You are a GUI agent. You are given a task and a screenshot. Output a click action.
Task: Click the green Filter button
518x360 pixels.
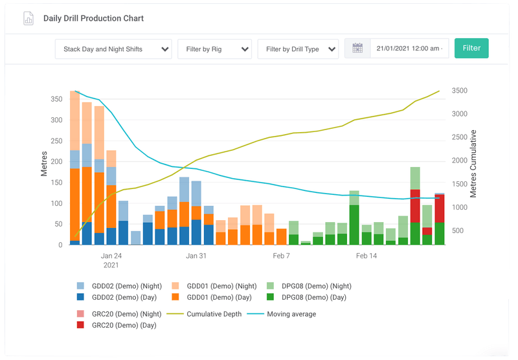(471, 49)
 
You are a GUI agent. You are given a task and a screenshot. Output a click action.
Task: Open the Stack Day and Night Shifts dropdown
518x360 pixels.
(117, 49)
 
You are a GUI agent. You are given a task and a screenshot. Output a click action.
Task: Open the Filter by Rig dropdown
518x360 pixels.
(214, 49)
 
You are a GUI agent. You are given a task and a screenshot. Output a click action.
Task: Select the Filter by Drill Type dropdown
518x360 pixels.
(298, 49)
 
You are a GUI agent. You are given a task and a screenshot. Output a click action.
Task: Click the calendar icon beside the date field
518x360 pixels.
(357, 49)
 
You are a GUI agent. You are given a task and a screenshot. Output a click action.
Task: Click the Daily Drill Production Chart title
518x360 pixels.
(93, 18)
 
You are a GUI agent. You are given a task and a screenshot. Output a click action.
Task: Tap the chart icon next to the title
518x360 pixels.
(28, 18)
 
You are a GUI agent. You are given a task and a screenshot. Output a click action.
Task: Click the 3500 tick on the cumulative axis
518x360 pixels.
(459, 91)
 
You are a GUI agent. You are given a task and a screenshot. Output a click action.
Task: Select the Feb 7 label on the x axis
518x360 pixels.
(281, 256)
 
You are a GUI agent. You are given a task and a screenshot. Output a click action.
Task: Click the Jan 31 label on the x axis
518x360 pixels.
(196, 256)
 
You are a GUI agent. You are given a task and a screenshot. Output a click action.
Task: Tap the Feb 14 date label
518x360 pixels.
(366, 256)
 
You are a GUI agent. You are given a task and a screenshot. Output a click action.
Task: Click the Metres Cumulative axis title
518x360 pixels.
(473, 163)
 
